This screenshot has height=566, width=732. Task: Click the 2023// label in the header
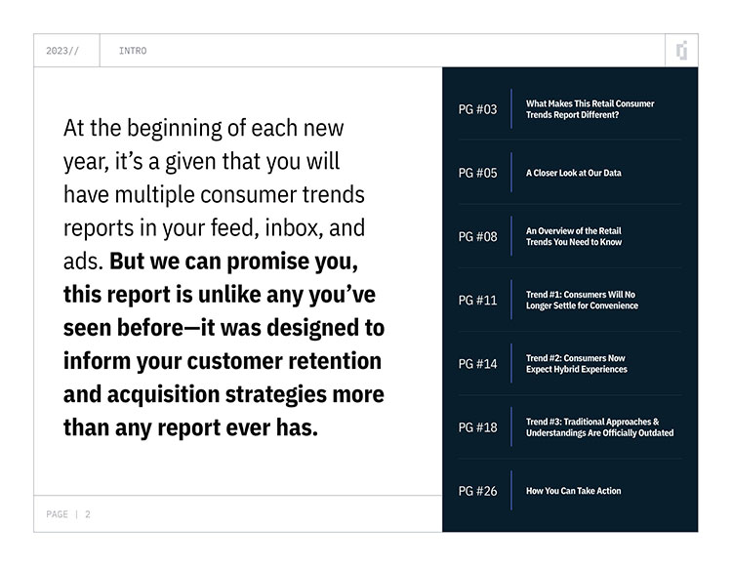62,51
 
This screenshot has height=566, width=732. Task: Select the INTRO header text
133,51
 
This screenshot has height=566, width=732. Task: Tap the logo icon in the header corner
682,51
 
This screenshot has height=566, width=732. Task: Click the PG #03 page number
477,109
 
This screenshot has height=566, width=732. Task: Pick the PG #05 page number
477,173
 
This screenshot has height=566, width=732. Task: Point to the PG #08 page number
477,236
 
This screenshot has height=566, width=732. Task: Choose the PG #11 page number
477,300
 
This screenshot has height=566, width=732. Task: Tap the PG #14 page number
477,363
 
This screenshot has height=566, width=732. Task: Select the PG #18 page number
477,427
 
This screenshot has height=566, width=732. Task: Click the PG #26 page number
477,491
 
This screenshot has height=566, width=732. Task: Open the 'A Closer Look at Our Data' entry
574,173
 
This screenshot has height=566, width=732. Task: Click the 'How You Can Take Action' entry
574,491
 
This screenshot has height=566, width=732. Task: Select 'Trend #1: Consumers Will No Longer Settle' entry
582,300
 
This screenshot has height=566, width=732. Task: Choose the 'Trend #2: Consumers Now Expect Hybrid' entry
577,363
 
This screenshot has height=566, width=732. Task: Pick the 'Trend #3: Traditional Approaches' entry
600,427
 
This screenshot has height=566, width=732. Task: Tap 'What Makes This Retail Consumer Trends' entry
590,109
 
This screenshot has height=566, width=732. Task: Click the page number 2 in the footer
87,514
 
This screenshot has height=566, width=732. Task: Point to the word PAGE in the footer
57,514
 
